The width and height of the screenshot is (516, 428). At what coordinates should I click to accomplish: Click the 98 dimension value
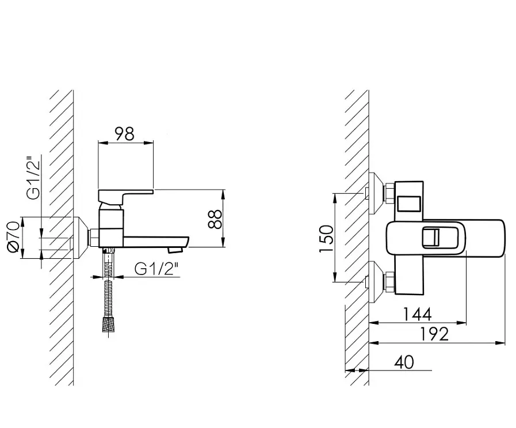(125, 134)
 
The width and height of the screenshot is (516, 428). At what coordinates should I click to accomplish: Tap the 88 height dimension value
(216, 219)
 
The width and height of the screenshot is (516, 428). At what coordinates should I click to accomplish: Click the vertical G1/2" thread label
(34, 179)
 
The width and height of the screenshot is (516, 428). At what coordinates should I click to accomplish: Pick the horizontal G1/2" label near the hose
(156, 269)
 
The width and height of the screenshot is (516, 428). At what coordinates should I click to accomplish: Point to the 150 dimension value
(326, 239)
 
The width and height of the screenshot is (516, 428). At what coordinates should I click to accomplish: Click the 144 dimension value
(417, 314)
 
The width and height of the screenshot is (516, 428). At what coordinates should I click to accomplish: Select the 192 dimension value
(434, 334)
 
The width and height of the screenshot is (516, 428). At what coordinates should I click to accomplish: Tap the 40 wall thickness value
(404, 362)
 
